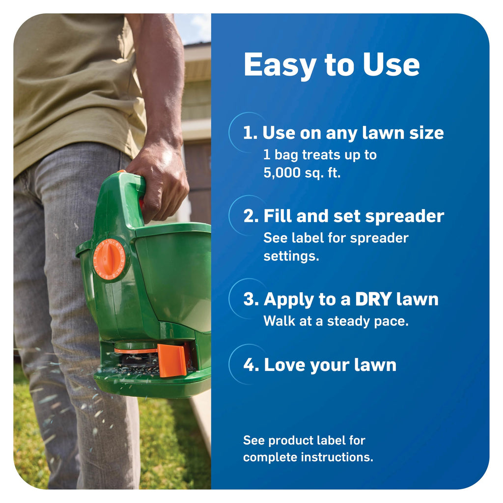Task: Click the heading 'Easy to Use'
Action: click(332, 65)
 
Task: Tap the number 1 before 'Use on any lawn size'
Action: click(248, 133)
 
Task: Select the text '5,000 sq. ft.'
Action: click(302, 173)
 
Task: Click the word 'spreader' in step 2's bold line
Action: click(405, 217)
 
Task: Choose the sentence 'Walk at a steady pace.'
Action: click(336, 321)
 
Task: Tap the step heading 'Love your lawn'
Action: click(330, 365)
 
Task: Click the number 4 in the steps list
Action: click(249, 365)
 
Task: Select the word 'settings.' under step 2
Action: click(291, 256)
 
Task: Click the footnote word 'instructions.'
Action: click(337, 457)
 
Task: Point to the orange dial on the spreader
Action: click(109, 259)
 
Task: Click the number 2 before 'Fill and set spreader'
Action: click(249, 216)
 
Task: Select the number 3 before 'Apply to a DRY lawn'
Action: click(249, 299)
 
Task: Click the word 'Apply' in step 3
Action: click(289, 300)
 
